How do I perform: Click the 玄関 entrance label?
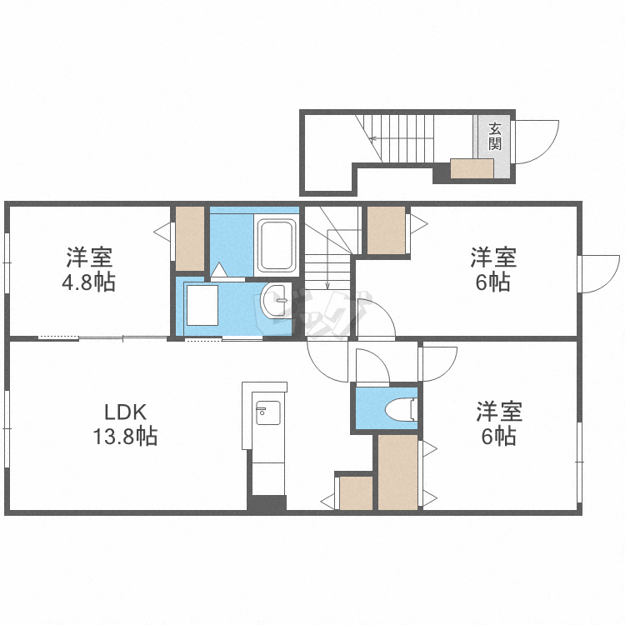point(495,136)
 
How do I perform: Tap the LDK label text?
point(125,412)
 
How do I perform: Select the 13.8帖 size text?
point(125,435)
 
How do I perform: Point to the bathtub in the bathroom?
point(277,246)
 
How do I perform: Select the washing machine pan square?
point(202,304)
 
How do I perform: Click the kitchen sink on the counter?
point(268,412)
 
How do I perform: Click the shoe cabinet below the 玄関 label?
point(472,169)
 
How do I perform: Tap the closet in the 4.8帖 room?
point(190,237)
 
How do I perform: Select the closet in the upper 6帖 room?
point(387,229)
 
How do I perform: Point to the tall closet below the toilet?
point(397,472)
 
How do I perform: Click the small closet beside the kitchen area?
point(356,492)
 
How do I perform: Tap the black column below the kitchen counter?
point(267,503)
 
